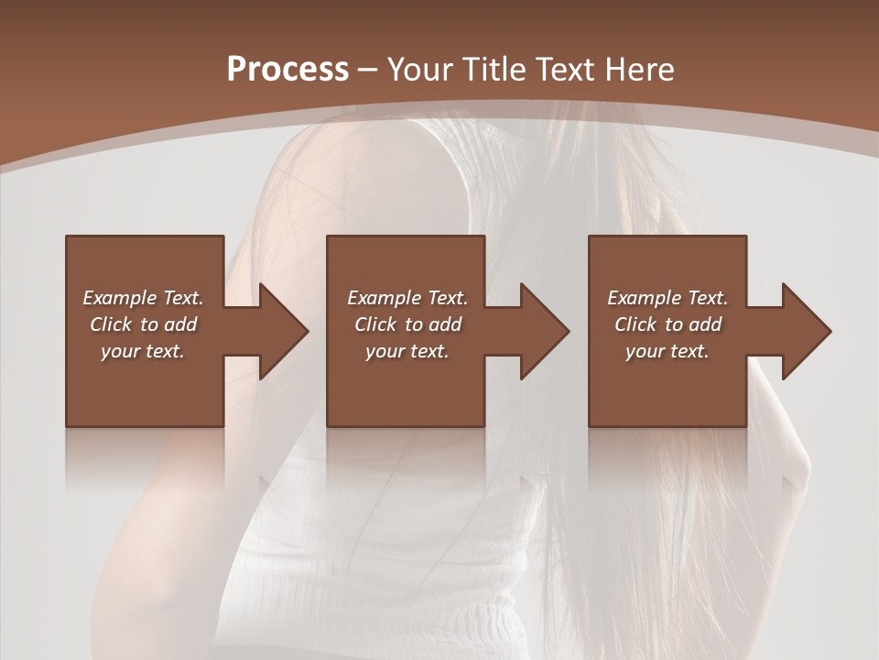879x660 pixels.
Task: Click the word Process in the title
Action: coord(288,70)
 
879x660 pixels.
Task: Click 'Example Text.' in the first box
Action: coord(143,298)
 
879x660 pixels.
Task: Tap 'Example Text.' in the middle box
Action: coord(407,298)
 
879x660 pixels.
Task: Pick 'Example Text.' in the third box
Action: coord(667,298)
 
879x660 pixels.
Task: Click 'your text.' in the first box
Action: coord(143,351)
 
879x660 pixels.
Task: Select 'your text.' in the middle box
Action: coord(407,351)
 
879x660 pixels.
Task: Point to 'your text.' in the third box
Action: coord(667,351)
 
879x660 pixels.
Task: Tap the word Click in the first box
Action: coord(111,324)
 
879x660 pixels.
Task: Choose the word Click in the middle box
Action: coord(375,324)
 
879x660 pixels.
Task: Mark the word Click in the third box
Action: coord(635,324)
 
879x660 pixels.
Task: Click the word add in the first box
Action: coord(181,324)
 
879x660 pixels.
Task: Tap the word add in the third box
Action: coord(706,324)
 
